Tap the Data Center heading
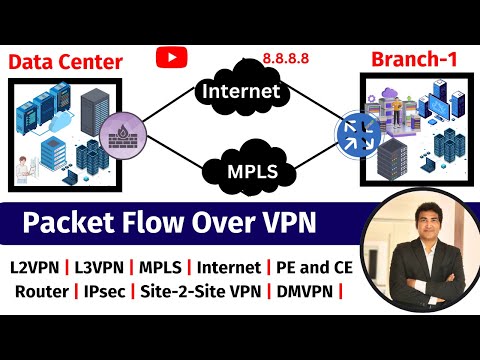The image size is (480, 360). click(66, 62)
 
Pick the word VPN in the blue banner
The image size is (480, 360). click(285, 220)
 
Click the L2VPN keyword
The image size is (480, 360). click(33, 268)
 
